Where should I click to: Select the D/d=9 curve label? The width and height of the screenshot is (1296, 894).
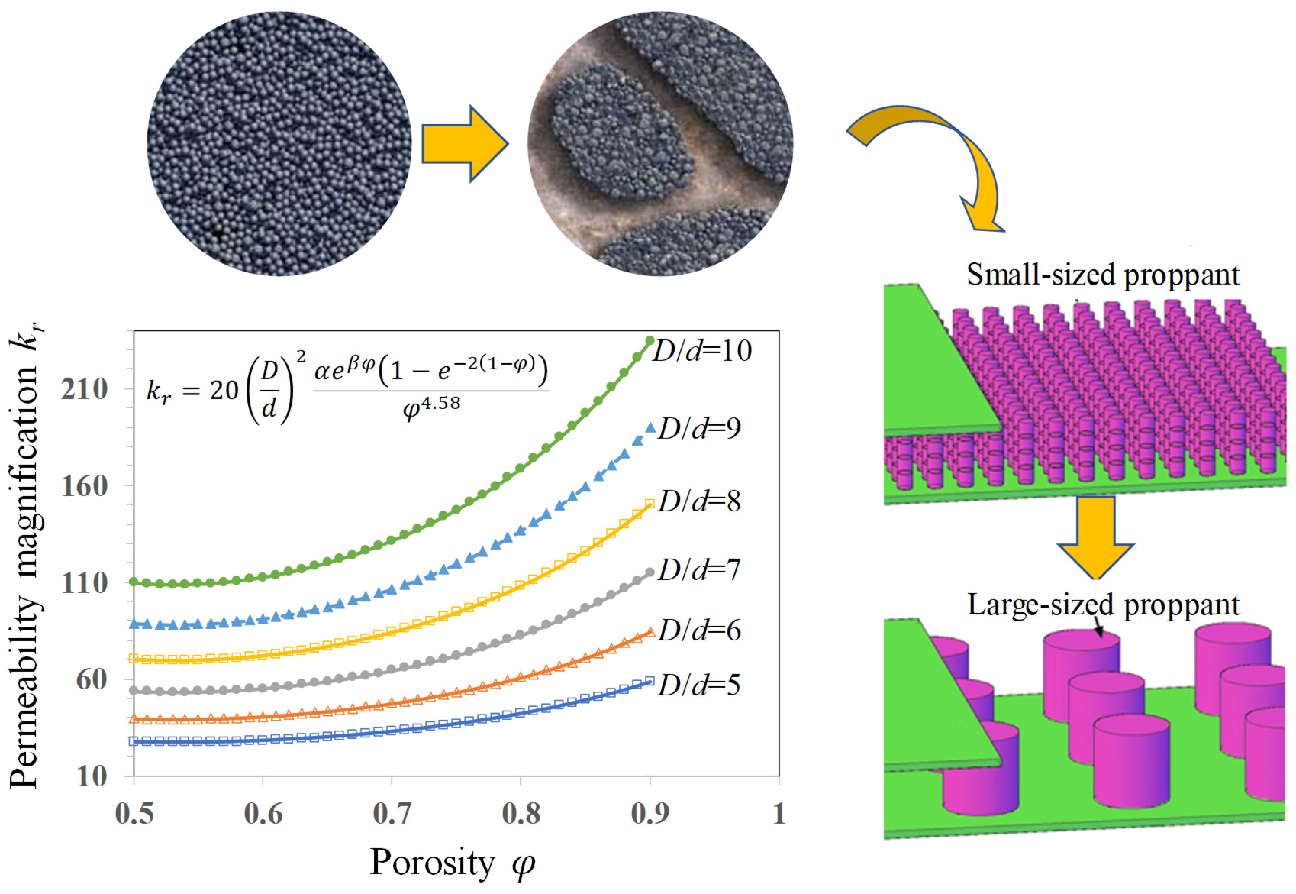click(699, 428)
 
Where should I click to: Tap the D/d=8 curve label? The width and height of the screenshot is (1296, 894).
click(699, 501)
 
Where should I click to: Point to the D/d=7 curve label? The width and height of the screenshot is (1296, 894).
click(699, 570)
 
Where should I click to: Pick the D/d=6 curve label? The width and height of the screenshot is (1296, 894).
click(699, 631)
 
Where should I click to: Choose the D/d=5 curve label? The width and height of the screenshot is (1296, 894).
click(699, 684)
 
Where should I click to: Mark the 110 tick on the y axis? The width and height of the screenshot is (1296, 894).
click(84, 582)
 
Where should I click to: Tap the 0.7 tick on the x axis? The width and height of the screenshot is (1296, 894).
click(392, 813)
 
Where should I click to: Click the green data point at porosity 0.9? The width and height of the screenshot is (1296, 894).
click(650, 340)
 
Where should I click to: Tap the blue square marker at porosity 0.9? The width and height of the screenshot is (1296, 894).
click(650, 681)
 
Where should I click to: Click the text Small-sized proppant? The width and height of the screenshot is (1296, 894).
click(1103, 275)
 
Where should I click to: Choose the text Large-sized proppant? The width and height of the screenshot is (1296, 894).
click(1103, 605)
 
